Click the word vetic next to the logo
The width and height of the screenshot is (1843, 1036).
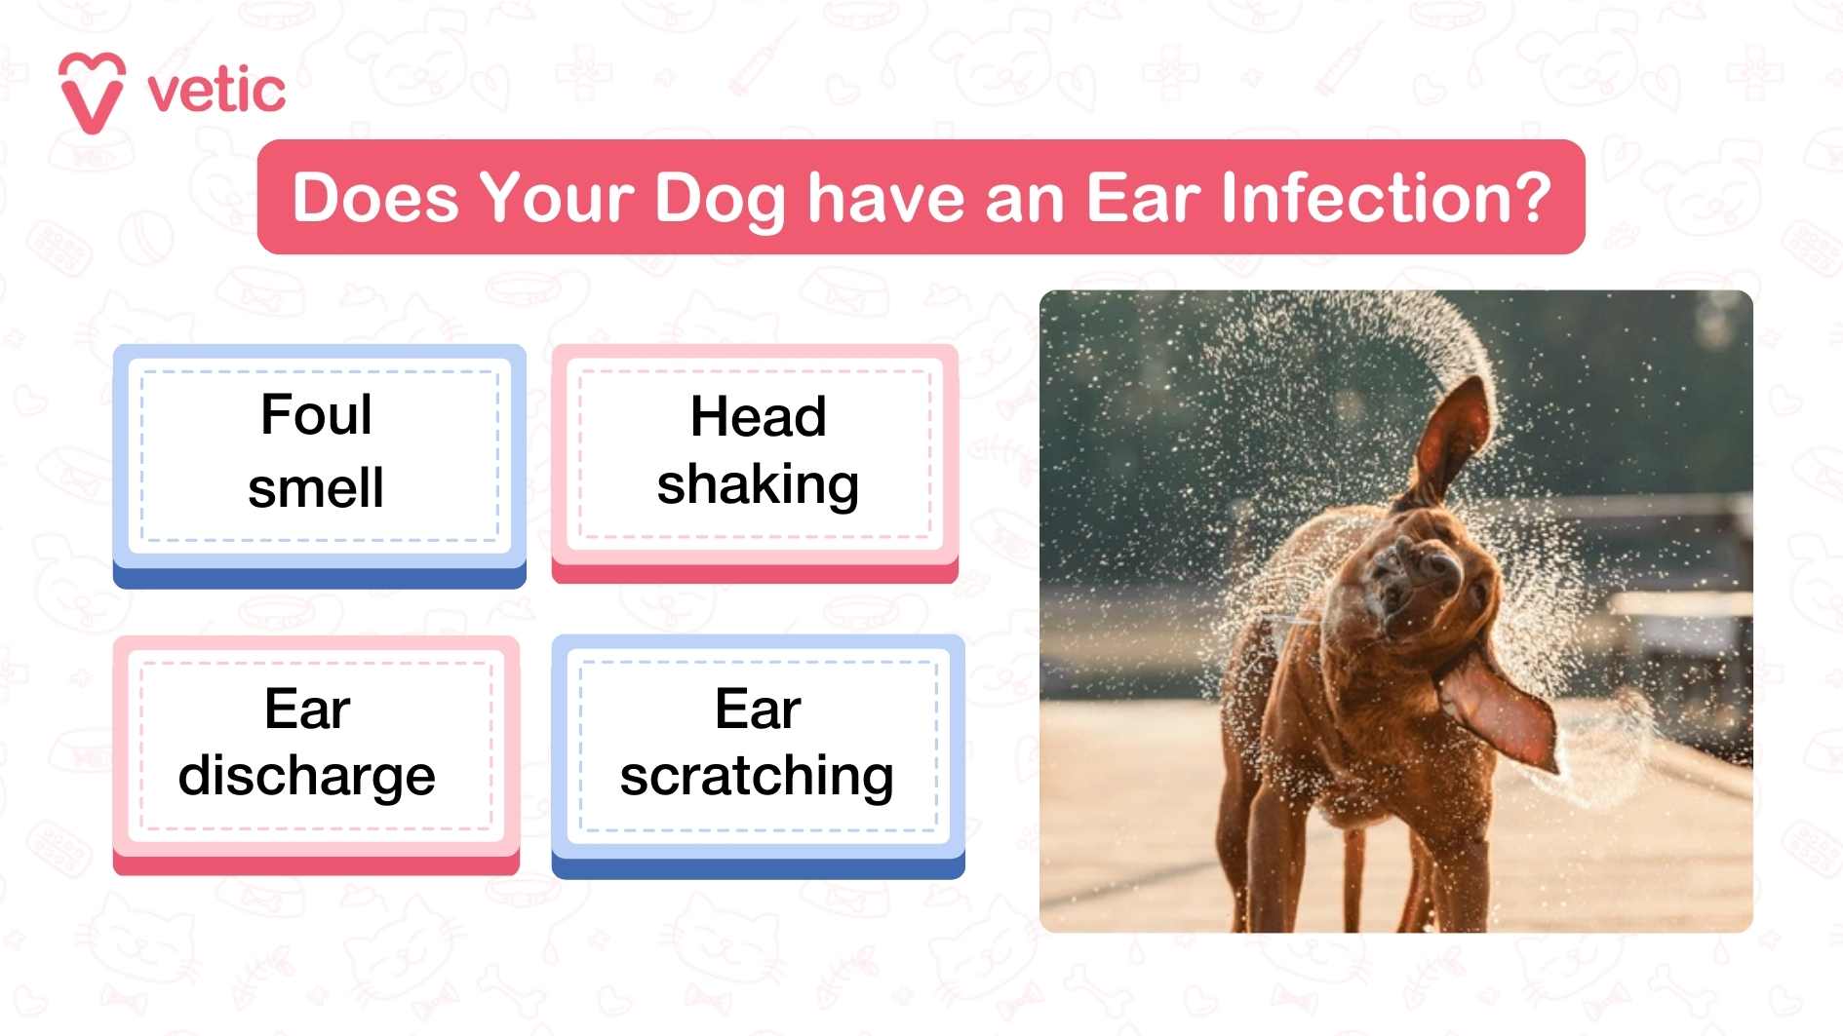click(216, 92)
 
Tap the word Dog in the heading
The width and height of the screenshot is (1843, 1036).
click(720, 199)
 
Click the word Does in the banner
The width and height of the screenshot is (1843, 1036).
click(375, 198)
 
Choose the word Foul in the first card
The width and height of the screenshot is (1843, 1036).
click(316, 415)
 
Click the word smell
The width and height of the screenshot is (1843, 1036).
click(316, 487)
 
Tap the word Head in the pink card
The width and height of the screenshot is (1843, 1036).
click(758, 417)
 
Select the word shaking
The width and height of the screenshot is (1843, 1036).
click(758, 484)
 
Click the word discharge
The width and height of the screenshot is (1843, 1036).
click(306, 777)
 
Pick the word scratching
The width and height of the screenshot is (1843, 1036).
click(757, 777)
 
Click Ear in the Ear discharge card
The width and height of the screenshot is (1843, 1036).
click(306, 709)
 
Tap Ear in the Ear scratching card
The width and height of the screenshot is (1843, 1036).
click(758, 709)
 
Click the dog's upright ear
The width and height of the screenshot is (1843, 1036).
click(1453, 439)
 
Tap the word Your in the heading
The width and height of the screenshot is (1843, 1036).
click(556, 198)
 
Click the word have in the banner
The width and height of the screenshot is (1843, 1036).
click(885, 198)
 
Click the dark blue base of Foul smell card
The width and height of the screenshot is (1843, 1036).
click(320, 578)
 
